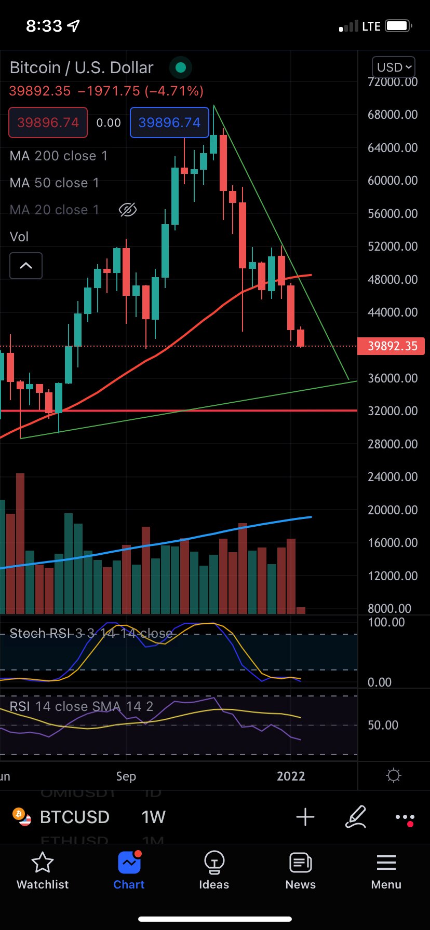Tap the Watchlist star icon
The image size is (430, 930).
coord(43,863)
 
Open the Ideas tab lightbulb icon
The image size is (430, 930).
coord(214,863)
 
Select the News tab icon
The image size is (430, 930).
coord(300,863)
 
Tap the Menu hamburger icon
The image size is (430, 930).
coord(386,863)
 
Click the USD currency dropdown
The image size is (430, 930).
coord(394,67)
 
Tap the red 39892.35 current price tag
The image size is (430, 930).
coord(391,346)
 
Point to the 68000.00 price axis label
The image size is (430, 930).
coord(393,115)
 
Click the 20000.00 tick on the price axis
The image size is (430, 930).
coord(393,510)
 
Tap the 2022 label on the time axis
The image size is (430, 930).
coord(291,776)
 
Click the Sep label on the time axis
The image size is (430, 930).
coord(126,776)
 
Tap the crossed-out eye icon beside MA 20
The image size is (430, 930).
coord(127,210)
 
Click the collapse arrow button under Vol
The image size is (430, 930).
coord(26,266)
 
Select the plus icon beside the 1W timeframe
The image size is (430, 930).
coord(305,817)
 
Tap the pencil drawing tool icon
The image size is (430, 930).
coord(356,817)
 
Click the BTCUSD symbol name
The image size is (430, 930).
coord(74,817)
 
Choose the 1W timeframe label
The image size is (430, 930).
coord(153,817)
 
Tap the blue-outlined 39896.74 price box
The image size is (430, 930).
coord(169,122)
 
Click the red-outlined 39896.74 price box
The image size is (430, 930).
coord(48,122)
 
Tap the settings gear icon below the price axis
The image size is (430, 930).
coord(394,776)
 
